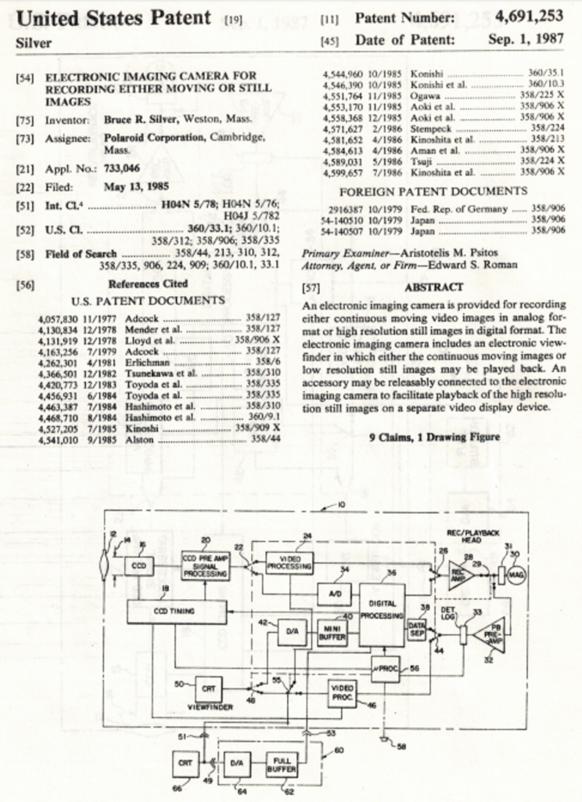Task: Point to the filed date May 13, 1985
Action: point(136,187)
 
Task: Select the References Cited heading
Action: point(148,284)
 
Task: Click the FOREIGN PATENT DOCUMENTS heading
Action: point(433,191)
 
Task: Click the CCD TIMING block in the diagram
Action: point(176,611)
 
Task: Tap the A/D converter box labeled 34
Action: point(335,594)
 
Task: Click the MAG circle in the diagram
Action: point(516,574)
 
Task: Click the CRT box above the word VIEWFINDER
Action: point(208,688)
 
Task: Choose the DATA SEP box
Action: point(416,630)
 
